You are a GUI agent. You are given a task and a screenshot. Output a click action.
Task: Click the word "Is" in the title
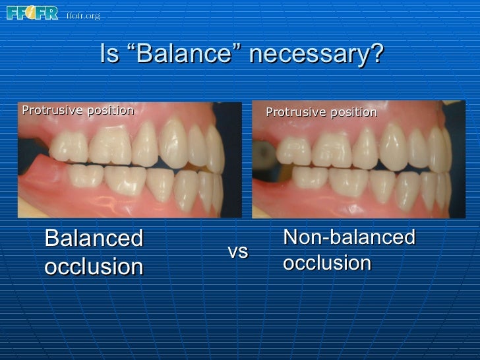click(109, 55)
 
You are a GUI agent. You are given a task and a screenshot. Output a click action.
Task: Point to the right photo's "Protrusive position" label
click(321, 113)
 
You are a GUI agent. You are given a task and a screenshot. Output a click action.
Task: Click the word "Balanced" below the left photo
click(93, 239)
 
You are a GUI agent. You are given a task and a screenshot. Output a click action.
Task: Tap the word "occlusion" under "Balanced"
click(93, 267)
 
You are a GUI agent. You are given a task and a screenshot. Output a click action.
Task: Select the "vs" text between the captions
click(237, 251)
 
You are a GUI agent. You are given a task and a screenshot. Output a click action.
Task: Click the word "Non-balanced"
click(349, 237)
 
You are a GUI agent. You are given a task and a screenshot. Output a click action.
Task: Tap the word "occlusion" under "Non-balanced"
click(327, 262)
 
